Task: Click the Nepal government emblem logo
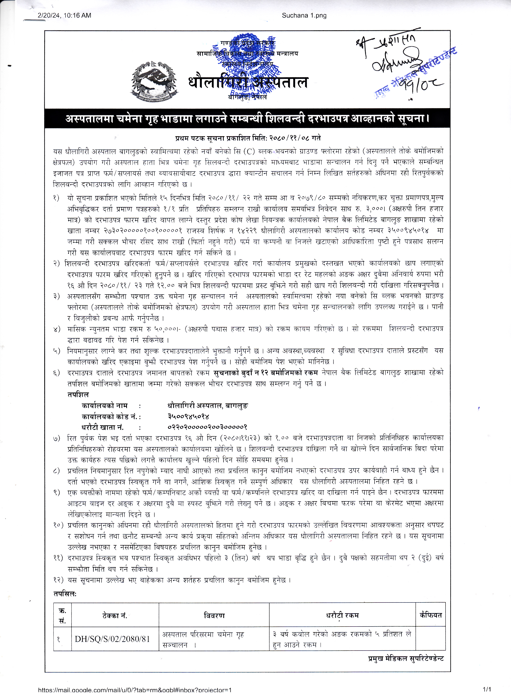tap(154, 82)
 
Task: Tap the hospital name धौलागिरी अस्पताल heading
tap(248, 82)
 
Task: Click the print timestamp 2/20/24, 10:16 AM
tap(64, 15)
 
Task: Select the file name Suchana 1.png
tap(304, 15)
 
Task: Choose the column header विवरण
tap(214, 616)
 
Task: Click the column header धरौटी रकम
tap(342, 616)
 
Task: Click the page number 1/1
tap(487, 689)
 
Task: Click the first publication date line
tap(248, 138)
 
